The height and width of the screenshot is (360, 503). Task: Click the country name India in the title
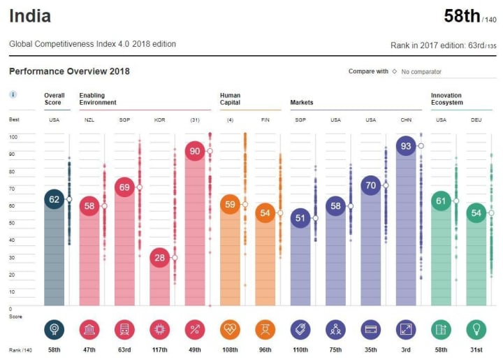(x=29, y=15)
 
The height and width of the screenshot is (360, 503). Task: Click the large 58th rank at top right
(x=461, y=16)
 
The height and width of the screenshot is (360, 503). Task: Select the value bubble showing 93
(x=406, y=146)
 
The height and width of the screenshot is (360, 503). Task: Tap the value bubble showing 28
(x=160, y=257)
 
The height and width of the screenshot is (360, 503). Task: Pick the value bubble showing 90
(x=195, y=151)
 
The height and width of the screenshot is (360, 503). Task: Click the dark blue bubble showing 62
(x=54, y=199)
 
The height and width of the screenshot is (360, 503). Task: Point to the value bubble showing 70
(x=371, y=185)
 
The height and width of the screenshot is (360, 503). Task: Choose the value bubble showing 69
(x=124, y=187)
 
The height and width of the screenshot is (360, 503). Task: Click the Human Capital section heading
(x=230, y=99)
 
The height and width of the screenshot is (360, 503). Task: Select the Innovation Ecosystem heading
(x=447, y=99)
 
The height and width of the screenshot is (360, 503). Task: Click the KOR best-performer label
(x=159, y=120)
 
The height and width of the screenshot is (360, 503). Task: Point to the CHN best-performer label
(x=406, y=120)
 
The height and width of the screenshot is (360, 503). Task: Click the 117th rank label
(x=159, y=349)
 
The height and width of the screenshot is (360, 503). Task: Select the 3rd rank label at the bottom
(x=406, y=349)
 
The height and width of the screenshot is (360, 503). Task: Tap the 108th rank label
(x=230, y=349)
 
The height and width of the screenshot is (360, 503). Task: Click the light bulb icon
(x=476, y=329)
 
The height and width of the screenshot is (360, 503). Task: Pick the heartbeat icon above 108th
(x=230, y=329)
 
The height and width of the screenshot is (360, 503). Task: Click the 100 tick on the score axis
(x=13, y=136)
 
